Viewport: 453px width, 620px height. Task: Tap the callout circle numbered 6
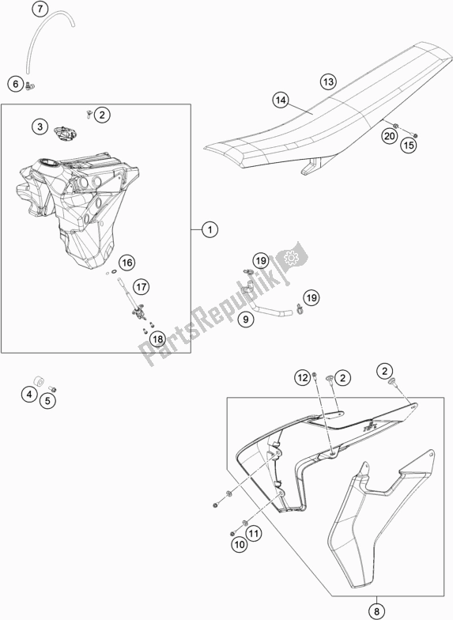15,83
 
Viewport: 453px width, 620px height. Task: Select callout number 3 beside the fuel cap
39,127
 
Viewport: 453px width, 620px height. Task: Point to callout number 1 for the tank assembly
209,230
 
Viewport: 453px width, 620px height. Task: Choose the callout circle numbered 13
328,81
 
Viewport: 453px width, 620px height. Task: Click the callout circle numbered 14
279,100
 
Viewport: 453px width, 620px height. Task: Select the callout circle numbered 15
408,145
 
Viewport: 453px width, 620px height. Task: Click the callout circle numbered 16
126,262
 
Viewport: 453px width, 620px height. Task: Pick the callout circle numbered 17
140,287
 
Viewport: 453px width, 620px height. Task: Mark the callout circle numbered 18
157,339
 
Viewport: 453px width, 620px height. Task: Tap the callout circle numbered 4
28,393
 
